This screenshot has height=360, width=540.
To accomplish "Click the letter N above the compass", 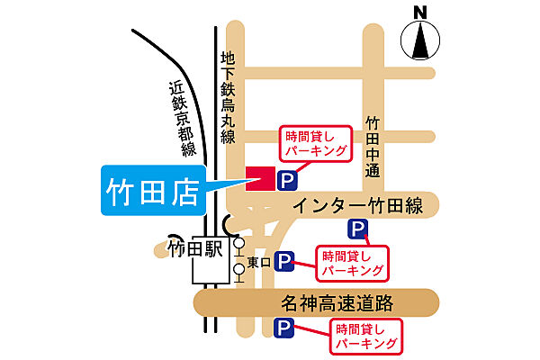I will click(418, 12).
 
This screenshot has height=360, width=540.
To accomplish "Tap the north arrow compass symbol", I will click(418, 40).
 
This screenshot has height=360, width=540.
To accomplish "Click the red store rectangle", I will click(260, 178).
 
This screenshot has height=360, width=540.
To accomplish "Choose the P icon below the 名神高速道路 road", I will click(284, 327).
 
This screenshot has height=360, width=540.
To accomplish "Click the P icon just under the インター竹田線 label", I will click(357, 229).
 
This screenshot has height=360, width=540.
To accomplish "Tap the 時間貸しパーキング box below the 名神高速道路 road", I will click(365, 335).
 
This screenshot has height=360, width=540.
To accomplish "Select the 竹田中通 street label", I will click(372, 142).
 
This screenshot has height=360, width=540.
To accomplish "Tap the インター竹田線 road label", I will click(357, 206).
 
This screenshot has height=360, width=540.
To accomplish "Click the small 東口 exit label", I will click(258, 262).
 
